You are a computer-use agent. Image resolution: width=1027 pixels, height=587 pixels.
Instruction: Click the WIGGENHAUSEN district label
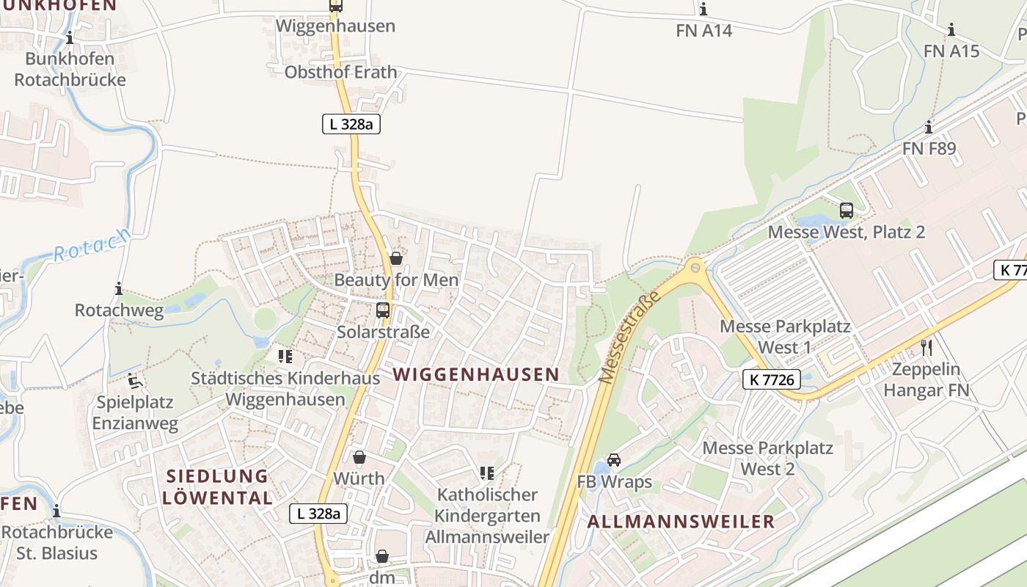coord(475,374)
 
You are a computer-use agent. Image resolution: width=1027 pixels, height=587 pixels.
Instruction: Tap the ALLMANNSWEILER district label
coord(681,522)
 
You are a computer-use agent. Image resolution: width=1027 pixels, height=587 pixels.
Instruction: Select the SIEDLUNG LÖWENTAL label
coord(217,487)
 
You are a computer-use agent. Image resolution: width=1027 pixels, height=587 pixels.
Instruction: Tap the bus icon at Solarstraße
coord(383,310)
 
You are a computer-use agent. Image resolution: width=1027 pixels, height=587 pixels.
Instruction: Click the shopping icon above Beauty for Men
coord(396,258)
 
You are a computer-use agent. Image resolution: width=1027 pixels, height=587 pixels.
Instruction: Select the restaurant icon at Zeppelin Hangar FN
coord(927,347)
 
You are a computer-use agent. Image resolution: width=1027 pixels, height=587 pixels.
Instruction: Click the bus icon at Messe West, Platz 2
coord(847,211)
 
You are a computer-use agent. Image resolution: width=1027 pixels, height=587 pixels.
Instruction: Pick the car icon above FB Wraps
coord(614,460)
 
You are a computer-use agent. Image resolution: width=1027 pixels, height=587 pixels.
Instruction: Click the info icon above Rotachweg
coord(119,288)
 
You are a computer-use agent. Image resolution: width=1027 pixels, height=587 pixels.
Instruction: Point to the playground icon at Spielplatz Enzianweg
coord(135,381)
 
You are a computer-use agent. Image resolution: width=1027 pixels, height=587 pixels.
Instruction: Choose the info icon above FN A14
coord(703,10)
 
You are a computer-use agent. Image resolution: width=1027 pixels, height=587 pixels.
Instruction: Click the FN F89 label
coord(929,148)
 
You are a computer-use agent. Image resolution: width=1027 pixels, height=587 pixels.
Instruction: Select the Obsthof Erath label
coord(340,72)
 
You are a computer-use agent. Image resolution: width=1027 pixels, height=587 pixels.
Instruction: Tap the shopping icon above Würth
coord(359,458)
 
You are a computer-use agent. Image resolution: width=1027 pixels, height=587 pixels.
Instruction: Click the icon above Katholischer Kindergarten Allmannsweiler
coord(487,473)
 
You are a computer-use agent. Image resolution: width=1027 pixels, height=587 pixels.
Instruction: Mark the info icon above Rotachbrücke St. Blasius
coord(56,511)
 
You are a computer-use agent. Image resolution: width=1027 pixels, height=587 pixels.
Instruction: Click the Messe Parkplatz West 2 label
coord(767,458)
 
